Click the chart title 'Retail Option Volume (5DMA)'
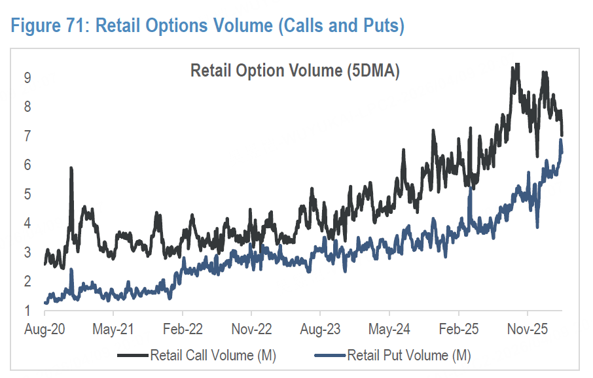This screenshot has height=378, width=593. coord(295,71)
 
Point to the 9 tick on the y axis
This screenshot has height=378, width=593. coord(28,78)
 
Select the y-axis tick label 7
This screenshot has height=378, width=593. coord(28,136)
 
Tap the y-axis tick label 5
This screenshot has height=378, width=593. coord(28,194)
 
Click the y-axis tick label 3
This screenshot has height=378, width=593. coord(28,252)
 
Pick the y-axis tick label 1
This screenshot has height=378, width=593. coord(28,311)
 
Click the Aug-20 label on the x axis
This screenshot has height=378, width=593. coord(45,328)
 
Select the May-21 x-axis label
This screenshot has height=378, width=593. coord(114,328)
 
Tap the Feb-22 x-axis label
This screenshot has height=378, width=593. coord(183,328)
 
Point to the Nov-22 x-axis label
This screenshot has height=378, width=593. coord(252,328)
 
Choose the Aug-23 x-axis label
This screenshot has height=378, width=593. coord(321,328)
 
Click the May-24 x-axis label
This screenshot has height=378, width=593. coord(389,328)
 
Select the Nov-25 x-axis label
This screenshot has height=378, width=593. coord(528,328)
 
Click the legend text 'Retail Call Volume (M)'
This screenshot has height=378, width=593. coord(213,355)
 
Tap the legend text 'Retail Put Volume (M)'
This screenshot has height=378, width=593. coord(409,355)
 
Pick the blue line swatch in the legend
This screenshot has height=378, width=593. coord(330,356)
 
